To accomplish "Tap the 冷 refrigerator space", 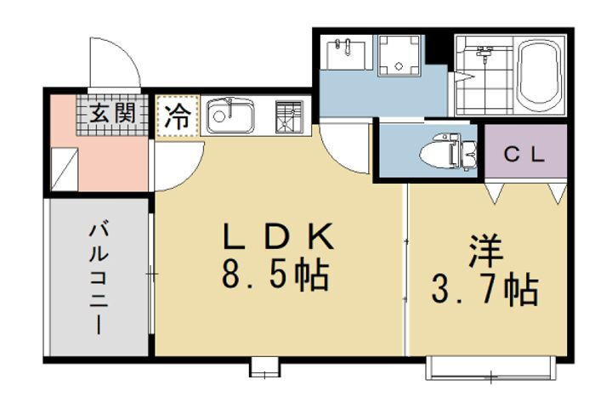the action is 178,116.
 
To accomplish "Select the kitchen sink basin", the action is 230,116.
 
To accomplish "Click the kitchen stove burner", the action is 289,116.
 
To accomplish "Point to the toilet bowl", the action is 448,153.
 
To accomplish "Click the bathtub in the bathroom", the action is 541,76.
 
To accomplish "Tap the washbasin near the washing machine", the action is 346,54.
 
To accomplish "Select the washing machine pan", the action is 399,54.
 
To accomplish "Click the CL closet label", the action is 524,155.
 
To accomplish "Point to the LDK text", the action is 278,236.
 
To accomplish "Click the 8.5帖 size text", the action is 275,275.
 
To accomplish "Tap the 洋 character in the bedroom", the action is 486,251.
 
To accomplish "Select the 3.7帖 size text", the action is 485,289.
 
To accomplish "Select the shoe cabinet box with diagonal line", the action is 65,169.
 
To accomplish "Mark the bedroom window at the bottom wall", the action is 491,367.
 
